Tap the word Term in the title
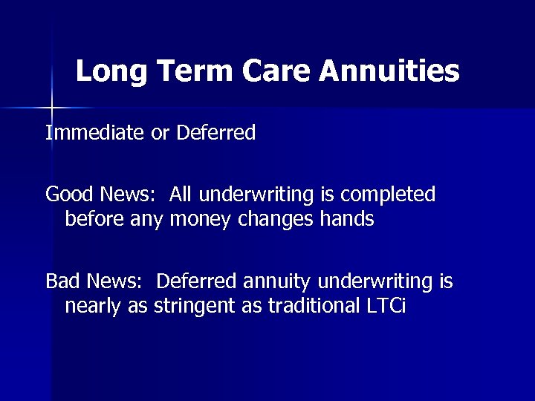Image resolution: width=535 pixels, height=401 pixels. pos(192,73)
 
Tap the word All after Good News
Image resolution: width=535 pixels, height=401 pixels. pos(181,195)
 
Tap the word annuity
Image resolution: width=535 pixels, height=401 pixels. pos(275,282)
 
